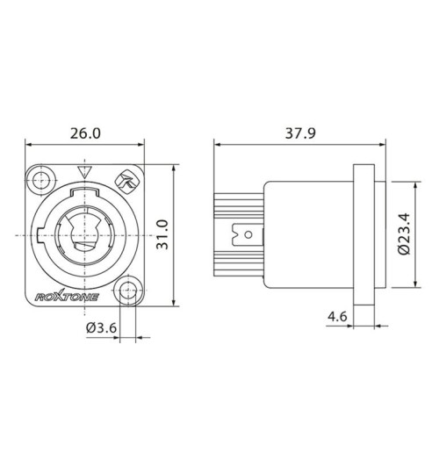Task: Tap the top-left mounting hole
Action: [x=39, y=181]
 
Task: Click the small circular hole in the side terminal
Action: [x=250, y=236]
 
